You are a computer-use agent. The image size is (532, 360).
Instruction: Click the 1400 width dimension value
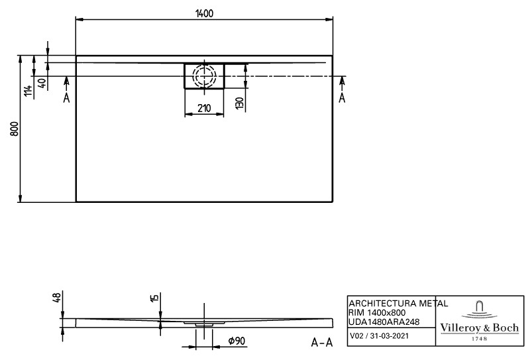pyautogui.click(x=204, y=13)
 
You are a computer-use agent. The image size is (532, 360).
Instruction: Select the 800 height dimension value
pyautogui.click(x=15, y=129)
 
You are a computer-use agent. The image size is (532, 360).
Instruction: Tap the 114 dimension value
pyautogui.click(x=28, y=90)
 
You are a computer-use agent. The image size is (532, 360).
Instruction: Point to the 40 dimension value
pyautogui.click(x=42, y=83)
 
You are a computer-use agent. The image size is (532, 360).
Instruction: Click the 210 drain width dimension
pyautogui.click(x=204, y=108)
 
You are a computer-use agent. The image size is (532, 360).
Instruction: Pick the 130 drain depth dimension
pyautogui.click(x=239, y=103)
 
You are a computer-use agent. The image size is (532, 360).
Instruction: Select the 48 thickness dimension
pyautogui.click(x=57, y=298)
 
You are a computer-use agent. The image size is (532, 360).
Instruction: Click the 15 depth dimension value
pyautogui.click(x=154, y=298)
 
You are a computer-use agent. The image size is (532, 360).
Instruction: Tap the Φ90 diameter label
pyautogui.click(x=237, y=341)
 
